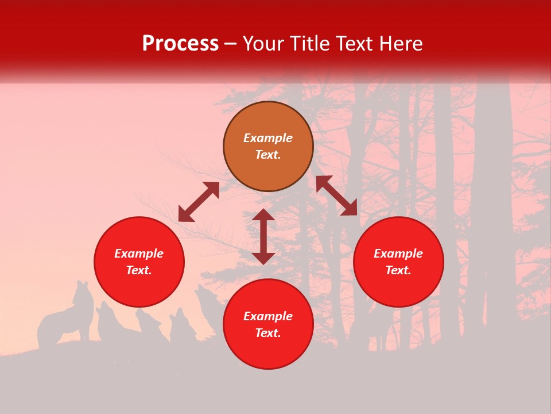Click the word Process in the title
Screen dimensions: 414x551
click(x=180, y=44)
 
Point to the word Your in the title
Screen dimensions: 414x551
click(x=263, y=44)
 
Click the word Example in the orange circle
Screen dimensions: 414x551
click(x=268, y=138)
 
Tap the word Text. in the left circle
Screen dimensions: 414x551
click(x=139, y=271)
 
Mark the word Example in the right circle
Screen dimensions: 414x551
click(x=398, y=254)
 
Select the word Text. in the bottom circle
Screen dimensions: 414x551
click(x=268, y=333)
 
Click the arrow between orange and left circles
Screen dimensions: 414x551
click(x=199, y=202)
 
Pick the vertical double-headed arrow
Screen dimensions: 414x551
click(x=263, y=236)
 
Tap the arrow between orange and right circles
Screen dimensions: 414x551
click(x=336, y=195)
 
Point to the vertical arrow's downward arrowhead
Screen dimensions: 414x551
click(x=263, y=257)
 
